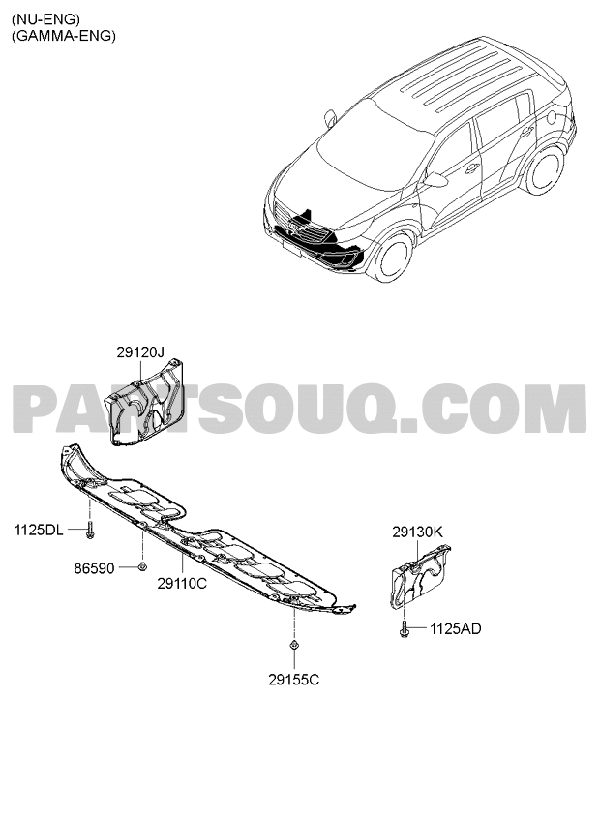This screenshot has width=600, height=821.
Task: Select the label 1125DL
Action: tap(39, 531)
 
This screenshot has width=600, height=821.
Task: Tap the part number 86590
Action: tap(94, 568)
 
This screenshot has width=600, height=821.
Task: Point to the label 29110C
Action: tap(182, 583)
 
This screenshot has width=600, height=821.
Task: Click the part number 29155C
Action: tap(294, 680)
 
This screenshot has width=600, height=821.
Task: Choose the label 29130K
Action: tap(417, 532)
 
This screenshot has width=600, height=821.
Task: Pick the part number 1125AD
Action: tap(455, 629)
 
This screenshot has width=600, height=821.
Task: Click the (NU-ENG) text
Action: tap(46, 20)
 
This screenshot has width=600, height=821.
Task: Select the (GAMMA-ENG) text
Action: tap(63, 36)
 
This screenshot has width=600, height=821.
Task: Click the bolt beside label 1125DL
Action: tap(91, 530)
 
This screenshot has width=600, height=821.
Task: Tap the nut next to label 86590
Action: tap(141, 566)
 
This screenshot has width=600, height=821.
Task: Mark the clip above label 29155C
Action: tap(294, 645)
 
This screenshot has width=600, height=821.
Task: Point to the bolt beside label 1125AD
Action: tap(404, 627)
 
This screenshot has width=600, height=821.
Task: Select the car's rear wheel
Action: tap(543, 169)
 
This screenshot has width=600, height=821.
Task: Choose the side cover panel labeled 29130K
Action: tap(419, 577)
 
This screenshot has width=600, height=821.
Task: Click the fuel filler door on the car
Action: tap(554, 116)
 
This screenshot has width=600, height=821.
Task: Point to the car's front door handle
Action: tap(471, 168)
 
